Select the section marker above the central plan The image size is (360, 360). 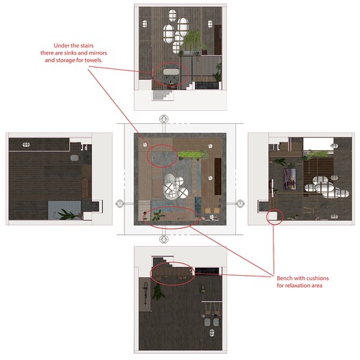point(163,118)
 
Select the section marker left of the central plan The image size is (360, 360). point(119,203)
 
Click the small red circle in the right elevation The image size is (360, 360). point(273,217)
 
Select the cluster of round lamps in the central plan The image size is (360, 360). point(174,187)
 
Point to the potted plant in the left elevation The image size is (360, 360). point(67,214)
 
